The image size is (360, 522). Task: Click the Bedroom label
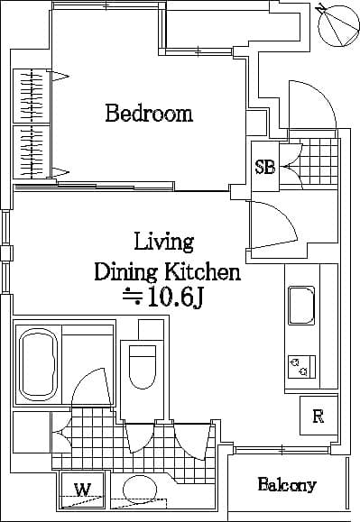[x=149, y=114]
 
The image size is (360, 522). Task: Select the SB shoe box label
[x=264, y=167]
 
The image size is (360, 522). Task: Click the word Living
[x=163, y=242]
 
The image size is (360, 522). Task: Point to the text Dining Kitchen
[x=168, y=271]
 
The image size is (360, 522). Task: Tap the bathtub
[x=37, y=362]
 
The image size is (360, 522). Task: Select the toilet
[x=142, y=366]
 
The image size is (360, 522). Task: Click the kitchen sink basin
[x=300, y=307]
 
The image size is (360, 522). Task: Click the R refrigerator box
[x=318, y=416]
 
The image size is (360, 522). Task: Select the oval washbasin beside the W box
[x=140, y=490]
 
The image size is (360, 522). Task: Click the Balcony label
[x=287, y=485]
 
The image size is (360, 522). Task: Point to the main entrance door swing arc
[x=311, y=104]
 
